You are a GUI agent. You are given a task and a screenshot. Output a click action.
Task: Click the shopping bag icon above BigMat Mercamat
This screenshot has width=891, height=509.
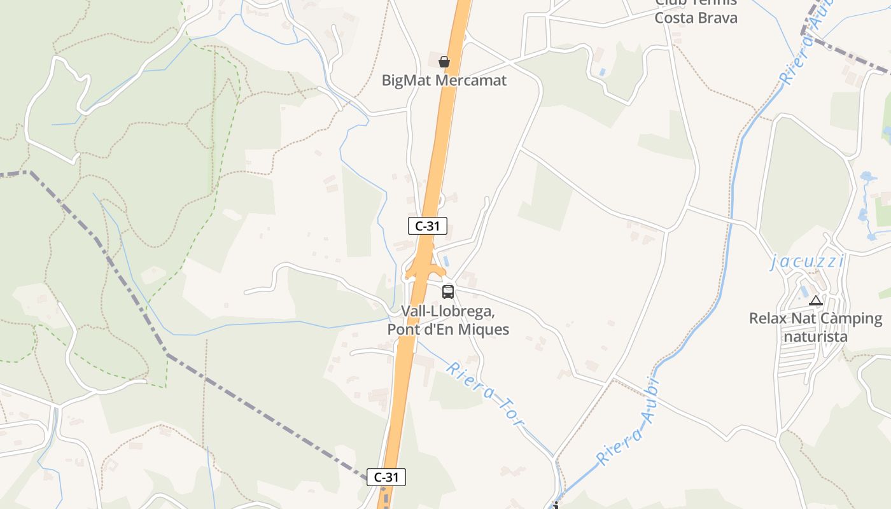click(x=444, y=62)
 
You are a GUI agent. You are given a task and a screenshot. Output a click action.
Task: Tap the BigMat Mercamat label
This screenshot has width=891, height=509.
click(x=444, y=80)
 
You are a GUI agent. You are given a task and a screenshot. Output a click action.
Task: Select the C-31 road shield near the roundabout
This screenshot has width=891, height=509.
click(x=427, y=225)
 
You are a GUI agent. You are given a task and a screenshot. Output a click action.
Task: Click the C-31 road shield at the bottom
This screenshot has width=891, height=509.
click(x=386, y=477)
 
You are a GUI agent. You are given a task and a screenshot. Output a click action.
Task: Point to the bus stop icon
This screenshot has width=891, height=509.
click(x=448, y=291)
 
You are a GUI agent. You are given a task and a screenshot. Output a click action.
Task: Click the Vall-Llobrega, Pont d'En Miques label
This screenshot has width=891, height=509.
click(x=448, y=321)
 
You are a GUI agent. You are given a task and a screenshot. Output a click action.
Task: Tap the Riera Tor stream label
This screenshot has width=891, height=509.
click(x=486, y=394)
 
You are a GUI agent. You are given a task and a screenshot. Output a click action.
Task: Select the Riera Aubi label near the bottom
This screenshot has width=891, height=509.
click(x=627, y=421)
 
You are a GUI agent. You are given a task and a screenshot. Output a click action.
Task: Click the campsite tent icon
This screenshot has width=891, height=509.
click(x=816, y=300)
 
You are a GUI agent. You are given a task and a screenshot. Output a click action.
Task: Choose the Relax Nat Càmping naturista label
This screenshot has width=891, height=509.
click(x=815, y=327)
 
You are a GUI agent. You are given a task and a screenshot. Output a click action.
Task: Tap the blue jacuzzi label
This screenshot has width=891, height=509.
click(x=808, y=261)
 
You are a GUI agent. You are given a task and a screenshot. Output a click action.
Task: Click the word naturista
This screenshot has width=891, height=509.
click(x=815, y=336)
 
